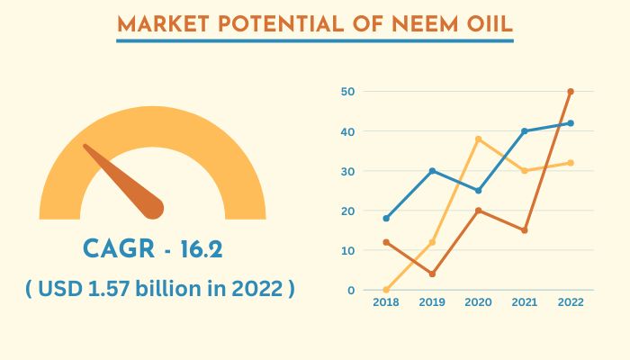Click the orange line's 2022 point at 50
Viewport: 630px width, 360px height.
coord(571,92)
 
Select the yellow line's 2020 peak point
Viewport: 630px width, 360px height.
coord(478,139)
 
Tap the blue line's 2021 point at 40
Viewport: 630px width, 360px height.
coord(524,131)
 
